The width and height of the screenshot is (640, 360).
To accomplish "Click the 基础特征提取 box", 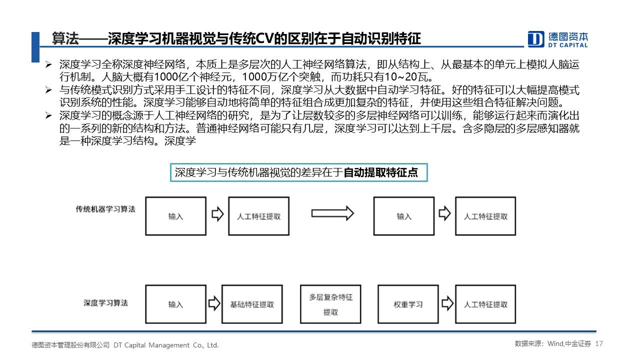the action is coord(252,304).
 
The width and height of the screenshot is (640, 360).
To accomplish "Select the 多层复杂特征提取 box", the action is coord(330,304).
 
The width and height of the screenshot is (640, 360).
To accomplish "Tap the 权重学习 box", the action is coord(408,304).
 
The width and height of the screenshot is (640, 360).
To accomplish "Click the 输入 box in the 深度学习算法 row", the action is coord(175,304).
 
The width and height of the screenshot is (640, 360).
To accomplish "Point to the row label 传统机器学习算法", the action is coord(105,209).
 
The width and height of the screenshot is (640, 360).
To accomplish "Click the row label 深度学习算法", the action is coord(105,303).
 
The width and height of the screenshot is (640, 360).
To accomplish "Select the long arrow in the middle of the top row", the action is coord(332,213).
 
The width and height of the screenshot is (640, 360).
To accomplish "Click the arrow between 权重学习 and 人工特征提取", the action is coord(447,303).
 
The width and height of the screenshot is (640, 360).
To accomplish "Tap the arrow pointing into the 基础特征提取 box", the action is coord(214,303).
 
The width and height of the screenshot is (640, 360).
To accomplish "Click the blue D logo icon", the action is coord(535,39).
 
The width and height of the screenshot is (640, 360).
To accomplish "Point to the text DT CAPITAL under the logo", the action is coord(567,45).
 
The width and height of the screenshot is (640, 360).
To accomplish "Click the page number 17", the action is coord(599,343).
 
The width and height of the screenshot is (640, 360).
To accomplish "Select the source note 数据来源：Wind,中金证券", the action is coord(553,343).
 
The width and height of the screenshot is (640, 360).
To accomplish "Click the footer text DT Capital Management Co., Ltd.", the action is coord(166,345).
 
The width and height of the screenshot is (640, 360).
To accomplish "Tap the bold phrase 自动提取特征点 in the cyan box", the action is coord(380,172).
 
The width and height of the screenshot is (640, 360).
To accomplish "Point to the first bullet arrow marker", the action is coord(48,64).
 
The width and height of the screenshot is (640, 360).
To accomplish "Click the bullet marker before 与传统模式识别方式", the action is coord(48,90).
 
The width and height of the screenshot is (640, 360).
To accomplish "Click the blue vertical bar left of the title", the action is coord(35,47).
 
